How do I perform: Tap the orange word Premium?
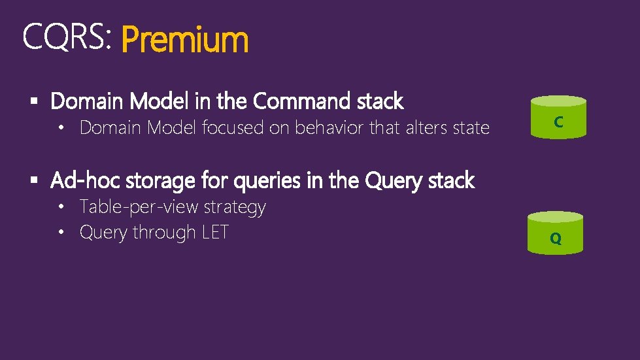click(185, 40)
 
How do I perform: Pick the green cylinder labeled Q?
click(556, 233)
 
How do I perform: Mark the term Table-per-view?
click(139, 207)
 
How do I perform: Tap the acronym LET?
click(215, 233)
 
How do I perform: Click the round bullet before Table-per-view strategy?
click(61, 207)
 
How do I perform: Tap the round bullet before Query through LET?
click(61, 233)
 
